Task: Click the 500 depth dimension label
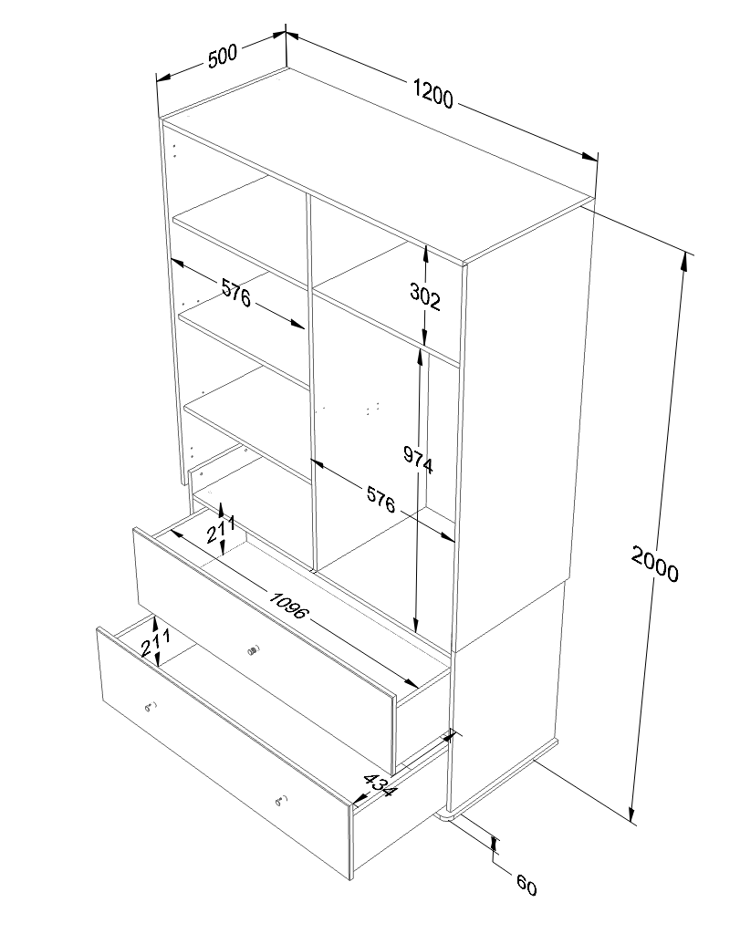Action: [223, 57]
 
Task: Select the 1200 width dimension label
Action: [433, 92]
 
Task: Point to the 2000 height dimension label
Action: [654, 563]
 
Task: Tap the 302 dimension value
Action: [425, 296]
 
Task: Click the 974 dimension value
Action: [418, 461]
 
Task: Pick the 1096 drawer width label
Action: [289, 605]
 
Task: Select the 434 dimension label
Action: [380, 784]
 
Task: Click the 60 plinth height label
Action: [526, 886]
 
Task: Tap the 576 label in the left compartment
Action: [236, 293]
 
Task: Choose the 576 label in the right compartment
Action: [381, 500]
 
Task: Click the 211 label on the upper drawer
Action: [221, 529]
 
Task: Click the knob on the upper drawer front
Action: [253, 650]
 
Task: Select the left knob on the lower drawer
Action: [150, 707]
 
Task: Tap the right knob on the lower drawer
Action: [281, 800]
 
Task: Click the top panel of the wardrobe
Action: [378, 165]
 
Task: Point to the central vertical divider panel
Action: [311, 380]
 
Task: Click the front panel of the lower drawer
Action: [224, 752]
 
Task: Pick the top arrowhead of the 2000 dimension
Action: [684, 260]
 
